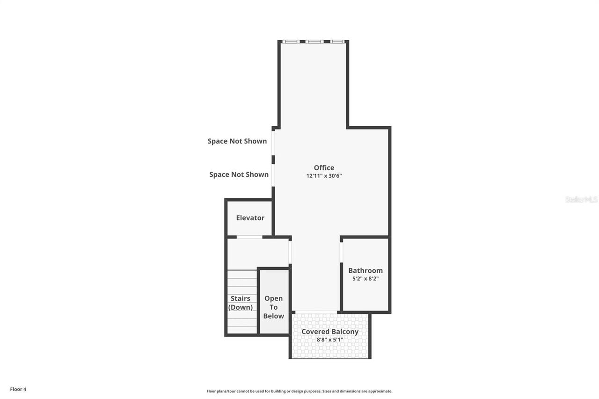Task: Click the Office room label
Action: pyautogui.click(x=324, y=167)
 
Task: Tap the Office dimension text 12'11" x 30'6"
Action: pyautogui.click(x=327, y=176)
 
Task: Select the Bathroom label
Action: pyautogui.click(x=365, y=270)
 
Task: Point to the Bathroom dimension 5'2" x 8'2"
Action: pyautogui.click(x=365, y=278)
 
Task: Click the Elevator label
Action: pyautogui.click(x=250, y=218)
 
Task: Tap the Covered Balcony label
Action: pyautogui.click(x=329, y=332)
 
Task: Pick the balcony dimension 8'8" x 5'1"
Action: pyautogui.click(x=329, y=340)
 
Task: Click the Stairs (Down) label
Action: pyautogui.click(x=241, y=303)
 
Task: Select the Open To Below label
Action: pyautogui.click(x=273, y=307)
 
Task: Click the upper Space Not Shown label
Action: pyautogui.click(x=237, y=141)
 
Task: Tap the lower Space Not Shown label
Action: pyautogui.click(x=239, y=174)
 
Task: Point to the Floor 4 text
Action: pyautogui.click(x=18, y=389)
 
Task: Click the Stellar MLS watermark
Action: pyautogui.click(x=581, y=199)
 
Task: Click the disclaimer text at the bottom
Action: pyautogui.click(x=299, y=391)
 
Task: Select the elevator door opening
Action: pyautogui.click(x=249, y=237)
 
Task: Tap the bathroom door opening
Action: pyautogui.click(x=342, y=252)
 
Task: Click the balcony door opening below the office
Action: pyautogui.click(x=316, y=312)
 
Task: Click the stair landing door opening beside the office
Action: pyautogui.click(x=290, y=252)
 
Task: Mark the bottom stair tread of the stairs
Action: pyautogui.click(x=242, y=330)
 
